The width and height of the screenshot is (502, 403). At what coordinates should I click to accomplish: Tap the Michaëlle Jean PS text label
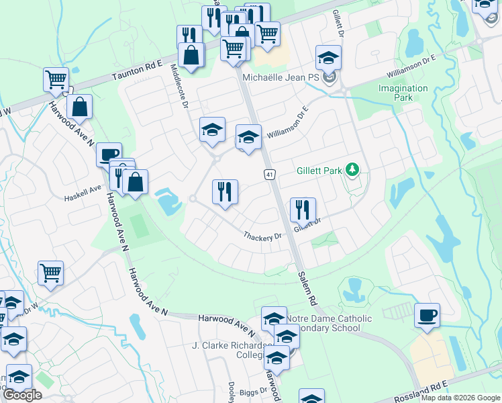point(281,79)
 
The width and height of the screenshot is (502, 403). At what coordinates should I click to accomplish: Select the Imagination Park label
point(403,93)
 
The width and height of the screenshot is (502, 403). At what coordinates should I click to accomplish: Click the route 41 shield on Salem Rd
point(268,175)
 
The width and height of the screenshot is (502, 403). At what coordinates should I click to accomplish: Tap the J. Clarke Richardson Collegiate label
point(228,351)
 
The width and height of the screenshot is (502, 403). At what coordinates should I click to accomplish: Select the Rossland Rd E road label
point(421,392)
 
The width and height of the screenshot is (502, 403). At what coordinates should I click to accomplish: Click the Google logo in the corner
point(22,394)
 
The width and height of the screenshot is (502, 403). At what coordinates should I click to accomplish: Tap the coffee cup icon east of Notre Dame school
point(427,314)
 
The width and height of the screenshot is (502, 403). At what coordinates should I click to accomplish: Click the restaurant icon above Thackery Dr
point(225,191)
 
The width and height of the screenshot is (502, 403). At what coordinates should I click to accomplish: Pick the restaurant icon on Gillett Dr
point(303,210)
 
